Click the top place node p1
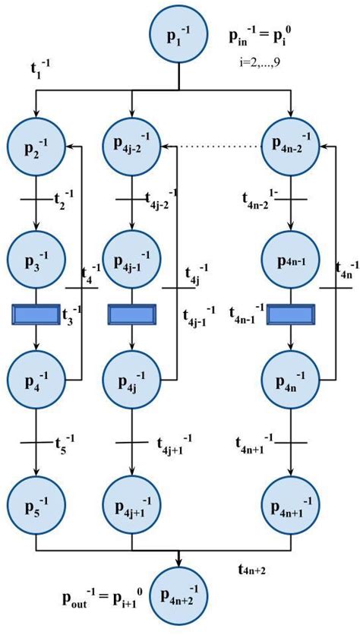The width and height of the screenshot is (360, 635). point(178,36)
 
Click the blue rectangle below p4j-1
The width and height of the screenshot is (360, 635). point(132,314)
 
